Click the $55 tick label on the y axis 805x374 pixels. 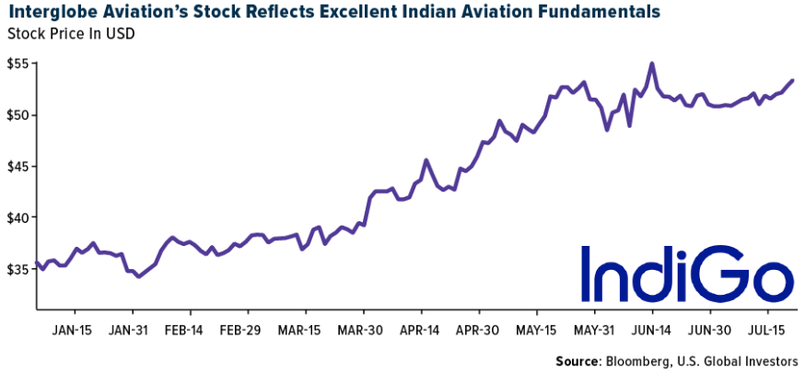[x=17, y=64]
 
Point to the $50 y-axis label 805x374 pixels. [x=17, y=115]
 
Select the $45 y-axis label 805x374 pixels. [x=17, y=167]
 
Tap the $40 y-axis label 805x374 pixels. [x=17, y=217]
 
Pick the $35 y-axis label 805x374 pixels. [x=17, y=269]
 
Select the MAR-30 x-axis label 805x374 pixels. [x=359, y=329]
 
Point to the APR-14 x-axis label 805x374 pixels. [x=418, y=329]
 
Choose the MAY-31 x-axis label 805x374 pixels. [x=593, y=329]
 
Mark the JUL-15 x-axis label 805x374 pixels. [x=767, y=329]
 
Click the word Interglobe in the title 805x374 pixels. [x=48, y=12]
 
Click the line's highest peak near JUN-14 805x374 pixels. [x=652, y=64]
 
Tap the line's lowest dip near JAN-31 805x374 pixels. [x=138, y=276]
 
